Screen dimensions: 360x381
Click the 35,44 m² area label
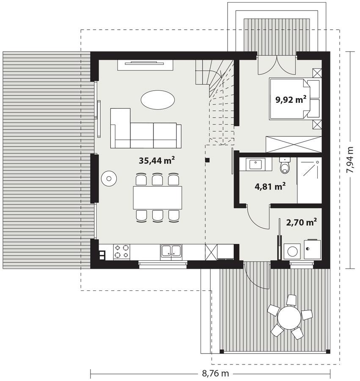tap(157, 160)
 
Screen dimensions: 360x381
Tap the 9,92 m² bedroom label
tap(291, 99)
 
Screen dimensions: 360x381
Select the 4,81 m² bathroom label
tap(270, 187)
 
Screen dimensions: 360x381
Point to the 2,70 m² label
tap(302, 222)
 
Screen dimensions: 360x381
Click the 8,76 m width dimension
tap(215, 373)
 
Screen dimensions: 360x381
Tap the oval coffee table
tap(158, 100)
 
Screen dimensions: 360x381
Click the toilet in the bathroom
tap(285, 165)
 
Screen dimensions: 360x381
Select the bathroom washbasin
tap(256, 165)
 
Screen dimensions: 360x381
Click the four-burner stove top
tap(121, 251)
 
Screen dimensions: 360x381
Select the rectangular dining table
tap(157, 198)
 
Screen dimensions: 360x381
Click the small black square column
tap(207, 160)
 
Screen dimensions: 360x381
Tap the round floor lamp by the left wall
tap(109, 179)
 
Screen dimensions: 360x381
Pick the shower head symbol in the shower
tap(317, 162)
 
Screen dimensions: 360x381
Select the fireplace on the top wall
tap(145, 65)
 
